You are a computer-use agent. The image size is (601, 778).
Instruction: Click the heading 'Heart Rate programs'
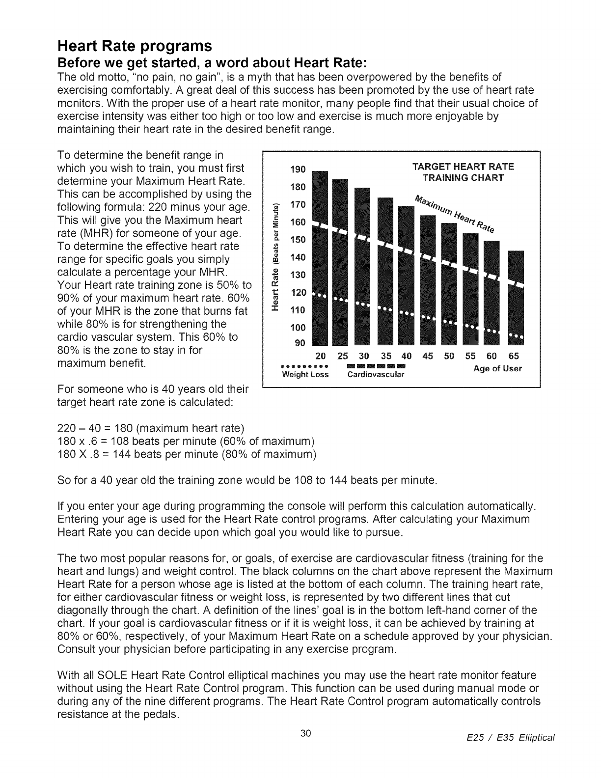[135, 46]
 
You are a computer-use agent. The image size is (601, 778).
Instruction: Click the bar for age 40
[407, 275]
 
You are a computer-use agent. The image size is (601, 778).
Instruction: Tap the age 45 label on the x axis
[428, 356]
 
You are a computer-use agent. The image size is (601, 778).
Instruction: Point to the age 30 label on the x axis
[364, 356]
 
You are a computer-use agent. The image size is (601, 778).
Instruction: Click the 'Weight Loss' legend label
[305, 375]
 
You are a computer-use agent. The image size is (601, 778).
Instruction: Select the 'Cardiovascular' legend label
[376, 375]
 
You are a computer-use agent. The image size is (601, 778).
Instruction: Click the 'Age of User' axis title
[497, 368]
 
